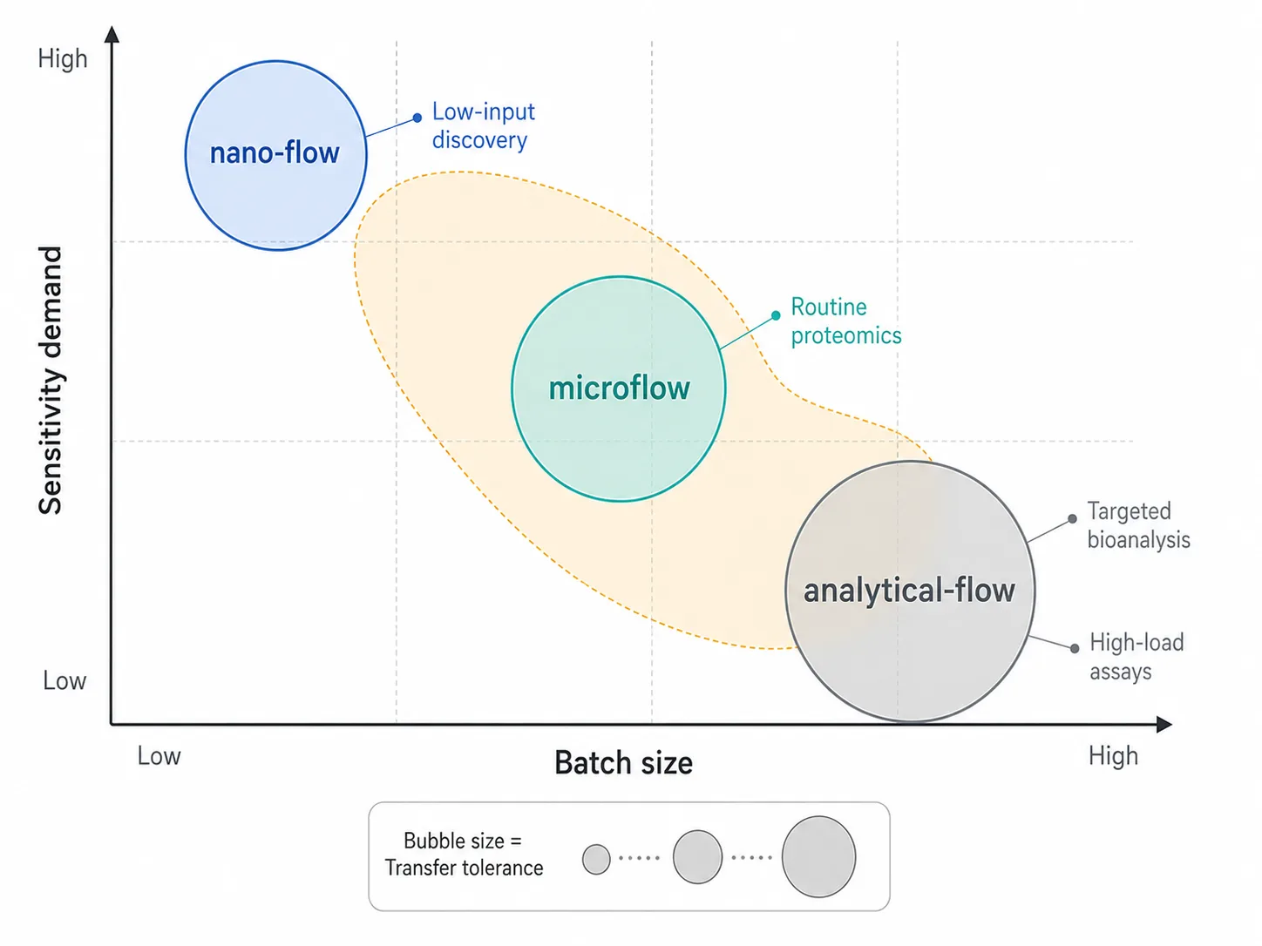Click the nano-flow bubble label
(x=275, y=153)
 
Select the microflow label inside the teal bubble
(x=619, y=389)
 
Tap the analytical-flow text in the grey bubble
(x=909, y=591)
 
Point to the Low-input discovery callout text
(x=484, y=125)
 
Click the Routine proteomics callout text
(x=845, y=321)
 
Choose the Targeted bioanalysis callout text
(x=1138, y=525)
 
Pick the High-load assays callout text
(x=1136, y=657)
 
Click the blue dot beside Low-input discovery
(x=417, y=118)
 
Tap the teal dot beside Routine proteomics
(x=776, y=315)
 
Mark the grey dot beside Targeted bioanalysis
(x=1072, y=518)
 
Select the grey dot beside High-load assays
(x=1075, y=648)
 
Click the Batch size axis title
(x=624, y=763)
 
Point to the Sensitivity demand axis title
(x=51, y=381)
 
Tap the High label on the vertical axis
(x=63, y=58)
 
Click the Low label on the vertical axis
(x=64, y=680)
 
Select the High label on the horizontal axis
(x=1113, y=756)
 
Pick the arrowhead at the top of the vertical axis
(x=112, y=34)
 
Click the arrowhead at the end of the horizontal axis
(x=1164, y=724)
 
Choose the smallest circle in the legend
(x=596, y=859)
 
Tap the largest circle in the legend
(x=818, y=856)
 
